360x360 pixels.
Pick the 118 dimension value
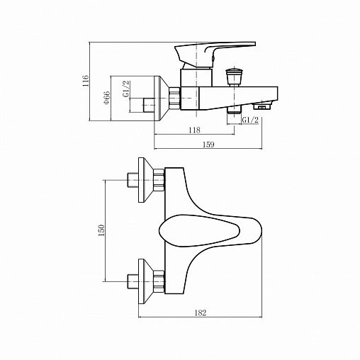coord(195,130)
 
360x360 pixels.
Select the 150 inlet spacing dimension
coord(101,230)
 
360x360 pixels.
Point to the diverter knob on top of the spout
coord(232,75)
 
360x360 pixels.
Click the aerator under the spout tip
coord(265,106)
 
